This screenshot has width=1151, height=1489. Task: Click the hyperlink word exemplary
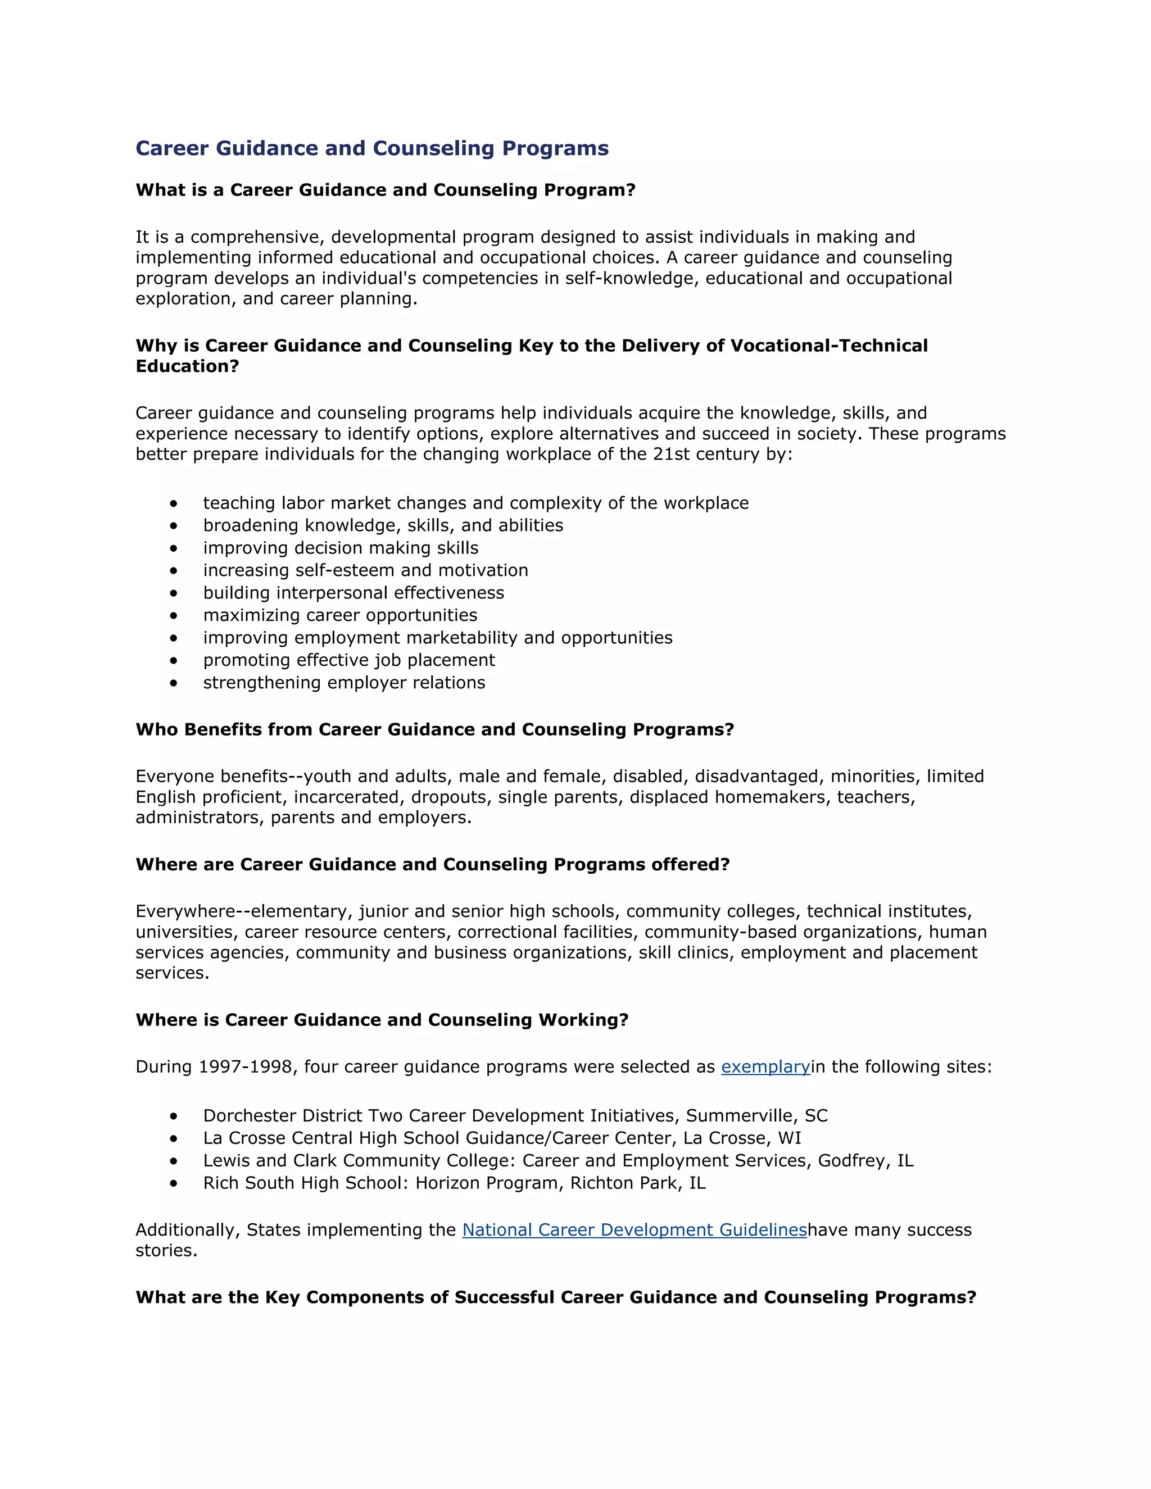point(765,1067)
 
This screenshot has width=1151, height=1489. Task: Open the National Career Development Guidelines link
point(634,1230)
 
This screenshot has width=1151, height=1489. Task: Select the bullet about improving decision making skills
point(340,548)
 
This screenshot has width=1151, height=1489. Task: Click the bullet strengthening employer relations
point(343,683)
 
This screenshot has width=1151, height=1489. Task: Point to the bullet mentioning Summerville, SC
point(515,1116)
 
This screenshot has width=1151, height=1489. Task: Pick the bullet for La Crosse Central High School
point(502,1138)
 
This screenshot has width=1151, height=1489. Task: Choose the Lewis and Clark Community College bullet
point(558,1161)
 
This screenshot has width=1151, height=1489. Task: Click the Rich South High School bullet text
point(454,1183)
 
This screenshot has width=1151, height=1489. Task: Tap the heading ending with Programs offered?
point(432,865)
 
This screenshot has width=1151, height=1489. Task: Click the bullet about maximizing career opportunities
point(339,616)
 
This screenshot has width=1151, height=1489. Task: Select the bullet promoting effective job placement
point(348,661)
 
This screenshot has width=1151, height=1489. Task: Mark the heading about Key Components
point(556,1297)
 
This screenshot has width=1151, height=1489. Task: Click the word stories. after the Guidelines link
point(166,1251)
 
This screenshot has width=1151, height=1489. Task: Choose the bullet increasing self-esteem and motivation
point(365,571)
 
